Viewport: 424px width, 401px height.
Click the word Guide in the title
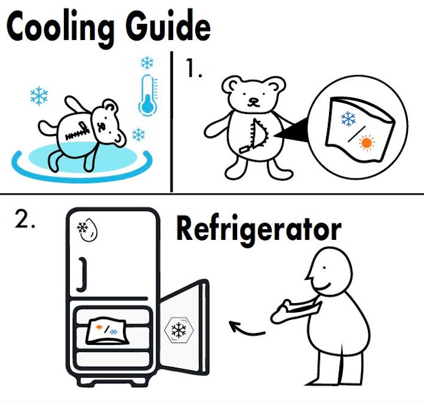click(168, 26)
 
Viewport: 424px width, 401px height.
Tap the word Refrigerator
click(259, 230)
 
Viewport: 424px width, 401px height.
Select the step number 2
click(24, 219)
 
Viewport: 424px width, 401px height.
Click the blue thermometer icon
click(148, 95)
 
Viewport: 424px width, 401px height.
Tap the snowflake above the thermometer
click(147, 63)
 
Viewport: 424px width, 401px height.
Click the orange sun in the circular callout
click(367, 143)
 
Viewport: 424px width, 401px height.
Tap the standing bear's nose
click(253, 100)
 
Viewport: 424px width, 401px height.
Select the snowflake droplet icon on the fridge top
click(87, 230)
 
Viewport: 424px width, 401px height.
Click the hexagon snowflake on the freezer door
click(179, 330)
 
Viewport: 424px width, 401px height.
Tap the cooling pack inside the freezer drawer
click(107, 331)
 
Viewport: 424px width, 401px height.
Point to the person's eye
click(324, 268)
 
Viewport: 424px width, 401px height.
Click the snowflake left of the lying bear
click(39, 95)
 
